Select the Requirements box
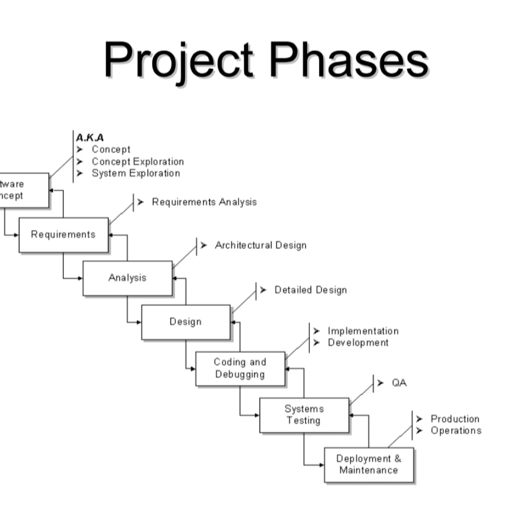point(64,235)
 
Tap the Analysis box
point(128,278)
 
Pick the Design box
point(186,322)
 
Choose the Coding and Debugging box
point(240,368)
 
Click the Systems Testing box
point(304,415)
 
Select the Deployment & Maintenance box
point(369,464)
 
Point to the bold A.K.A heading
point(90,138)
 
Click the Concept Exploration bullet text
point(138,162)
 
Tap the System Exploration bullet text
point(136,173)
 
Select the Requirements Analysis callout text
point(204,202)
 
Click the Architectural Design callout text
point(260,245)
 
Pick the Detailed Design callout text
point(310,290)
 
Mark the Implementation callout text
point(363,331)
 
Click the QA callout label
point(399,383)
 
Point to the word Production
point(455,419)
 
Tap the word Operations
point(456,431)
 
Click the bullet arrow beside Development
point(317,343)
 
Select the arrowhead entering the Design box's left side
point(139,322)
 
